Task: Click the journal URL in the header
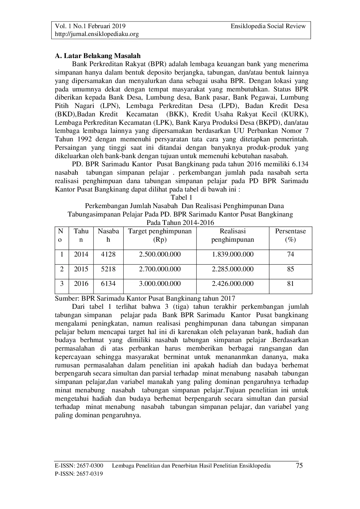97,34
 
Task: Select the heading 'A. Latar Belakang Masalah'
98,56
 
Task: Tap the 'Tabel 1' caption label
181,198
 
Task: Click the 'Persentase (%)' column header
290,235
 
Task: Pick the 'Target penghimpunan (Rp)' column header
160,235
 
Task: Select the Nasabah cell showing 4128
108,255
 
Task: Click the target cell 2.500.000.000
160,255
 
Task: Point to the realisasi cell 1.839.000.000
233,255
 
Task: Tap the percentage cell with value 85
290,269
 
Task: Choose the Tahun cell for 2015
81,269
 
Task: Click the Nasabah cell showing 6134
108,284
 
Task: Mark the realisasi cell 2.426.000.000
233,284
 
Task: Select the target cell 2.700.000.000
160,269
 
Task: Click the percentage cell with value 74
290,255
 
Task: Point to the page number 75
299,466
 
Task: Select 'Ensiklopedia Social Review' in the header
268,26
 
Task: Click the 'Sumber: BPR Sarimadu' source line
145,298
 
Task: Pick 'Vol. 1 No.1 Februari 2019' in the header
90,26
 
